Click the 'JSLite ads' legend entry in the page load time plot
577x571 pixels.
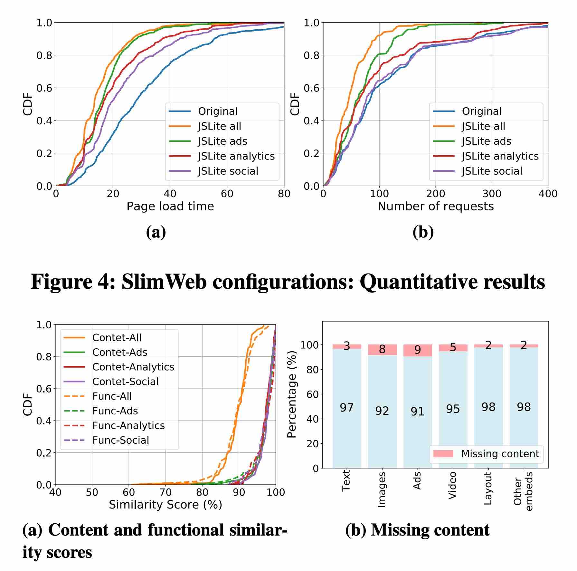pyautogui.click(x=222, y=141)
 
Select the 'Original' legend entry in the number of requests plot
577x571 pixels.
pyautogui.click(x=482, y=111)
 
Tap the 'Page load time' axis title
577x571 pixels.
pyautogui.click(x=170, y=206)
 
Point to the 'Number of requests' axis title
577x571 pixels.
pyautogui.click(x=435, y=206)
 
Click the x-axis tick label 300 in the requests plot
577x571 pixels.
pyautogui.click(x=492, y=194)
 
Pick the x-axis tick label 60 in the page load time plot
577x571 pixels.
pyautogui.click(x=227, y=194)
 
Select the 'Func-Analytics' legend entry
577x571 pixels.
pyautogui.click(x=128, y=425)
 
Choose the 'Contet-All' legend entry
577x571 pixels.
pyautogui.click(x=117, y=337)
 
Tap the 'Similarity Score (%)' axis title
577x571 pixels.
pyautogui.click(x=166, y=504)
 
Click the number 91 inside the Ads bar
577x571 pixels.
pyautogui.click(x=417, y=411)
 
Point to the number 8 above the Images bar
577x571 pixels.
pyautogui.click(x=382, y=349)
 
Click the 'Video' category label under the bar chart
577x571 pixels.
pyautogui.click(x=452, y=485)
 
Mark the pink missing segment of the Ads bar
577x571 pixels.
pyautogui.click(x=417, y=350)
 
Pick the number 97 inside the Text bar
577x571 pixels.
pyautogui.click(x=346, y=408)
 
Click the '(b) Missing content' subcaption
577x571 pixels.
pyautogui.click(x=417, y=530)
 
